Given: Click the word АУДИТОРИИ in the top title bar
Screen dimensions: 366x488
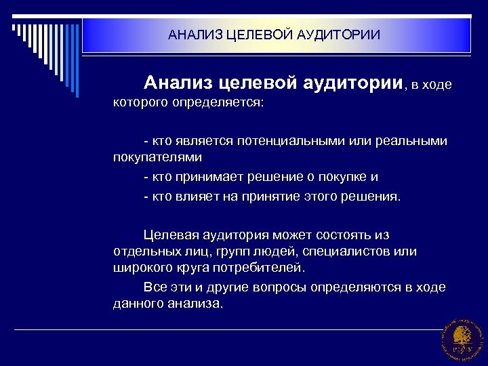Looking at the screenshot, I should [338, 34].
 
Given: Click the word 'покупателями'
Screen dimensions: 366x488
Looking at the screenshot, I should [157, 157].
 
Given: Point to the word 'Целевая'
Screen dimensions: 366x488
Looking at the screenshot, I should [169, 235].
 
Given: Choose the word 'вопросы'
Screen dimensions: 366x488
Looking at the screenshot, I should [279, 287].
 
